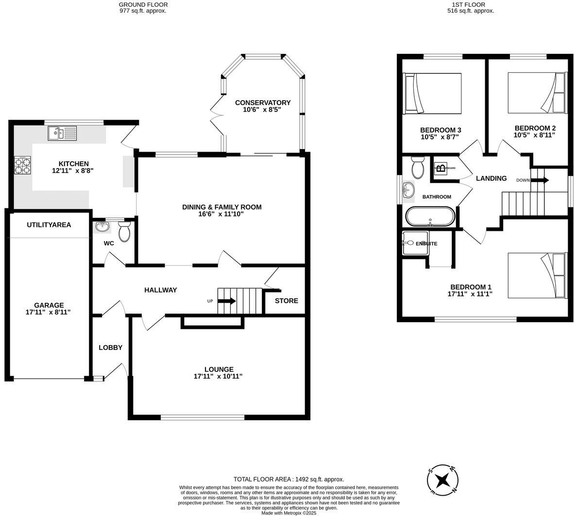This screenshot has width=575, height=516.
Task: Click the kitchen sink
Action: [63, 133]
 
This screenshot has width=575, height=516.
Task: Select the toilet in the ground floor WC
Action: [124, 232]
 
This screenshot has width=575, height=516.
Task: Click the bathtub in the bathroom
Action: [430, 216]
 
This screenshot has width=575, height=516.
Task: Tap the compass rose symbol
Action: [442, 480]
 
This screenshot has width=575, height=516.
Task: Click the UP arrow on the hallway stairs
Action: [226, 301]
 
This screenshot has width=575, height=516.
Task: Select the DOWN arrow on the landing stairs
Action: [540, 180]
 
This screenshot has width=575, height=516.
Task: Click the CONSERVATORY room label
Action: [262, 103]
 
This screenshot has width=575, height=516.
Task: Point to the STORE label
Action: [287, 301]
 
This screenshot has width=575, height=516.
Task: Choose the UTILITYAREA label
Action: [49, 224]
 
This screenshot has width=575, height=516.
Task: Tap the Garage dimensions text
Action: [49, 312]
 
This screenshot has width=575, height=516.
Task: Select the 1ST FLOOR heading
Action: [470, 4]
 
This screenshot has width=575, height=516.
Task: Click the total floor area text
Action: [288, 479]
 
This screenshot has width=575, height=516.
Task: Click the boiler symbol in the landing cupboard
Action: [440, 169]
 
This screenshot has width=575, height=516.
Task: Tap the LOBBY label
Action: [110, 347]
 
